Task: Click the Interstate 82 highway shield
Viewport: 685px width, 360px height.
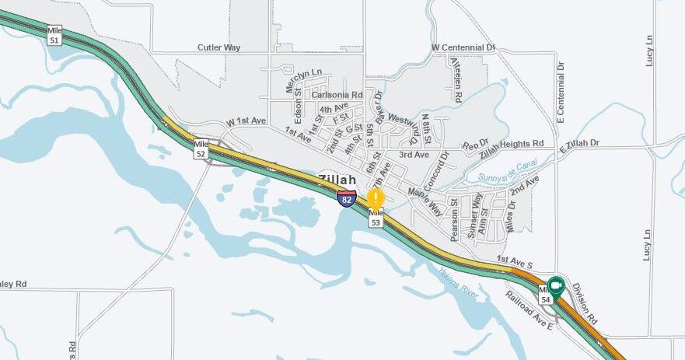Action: coord(347,197)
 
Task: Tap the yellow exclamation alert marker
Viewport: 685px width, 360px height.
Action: coord(376,197)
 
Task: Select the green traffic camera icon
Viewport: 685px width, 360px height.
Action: coord(556,286)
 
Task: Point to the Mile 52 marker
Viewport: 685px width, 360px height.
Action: coord(201,149)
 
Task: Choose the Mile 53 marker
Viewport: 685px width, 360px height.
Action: coord(376,218)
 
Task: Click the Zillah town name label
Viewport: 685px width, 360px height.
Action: coord(337,180)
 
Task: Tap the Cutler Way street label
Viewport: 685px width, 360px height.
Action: coord(219,47)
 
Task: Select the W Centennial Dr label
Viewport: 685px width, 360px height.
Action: coord(463,47)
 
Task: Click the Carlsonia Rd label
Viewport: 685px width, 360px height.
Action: coord(337,95)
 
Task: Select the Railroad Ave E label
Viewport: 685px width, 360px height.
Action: coord(529,308)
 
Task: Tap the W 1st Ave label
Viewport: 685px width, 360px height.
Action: coord(246,122)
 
